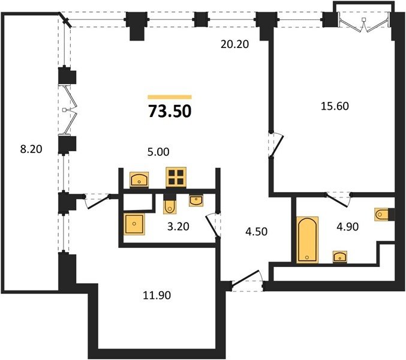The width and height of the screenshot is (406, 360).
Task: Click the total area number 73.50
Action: point(170,112)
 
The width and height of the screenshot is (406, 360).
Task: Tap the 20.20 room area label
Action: point(234,44)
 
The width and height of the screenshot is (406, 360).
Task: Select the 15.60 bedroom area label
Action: point(335,106)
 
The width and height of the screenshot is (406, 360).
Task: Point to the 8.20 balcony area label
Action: point(31,149)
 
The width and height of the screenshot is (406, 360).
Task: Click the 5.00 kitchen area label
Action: point(158,152)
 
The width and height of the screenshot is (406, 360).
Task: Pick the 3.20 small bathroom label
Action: point(178,227)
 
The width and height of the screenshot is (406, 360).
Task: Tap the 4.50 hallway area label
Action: point(256,232)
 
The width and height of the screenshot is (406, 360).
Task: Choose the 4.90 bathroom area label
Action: point(347,227)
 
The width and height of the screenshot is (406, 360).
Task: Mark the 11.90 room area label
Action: point(157,295)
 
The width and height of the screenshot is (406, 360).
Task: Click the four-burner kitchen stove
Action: point(176,178)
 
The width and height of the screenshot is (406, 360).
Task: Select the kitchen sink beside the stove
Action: point(139,179)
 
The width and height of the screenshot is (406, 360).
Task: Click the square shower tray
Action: point(134,224)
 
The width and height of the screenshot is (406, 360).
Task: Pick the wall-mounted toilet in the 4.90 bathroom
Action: point(381,214)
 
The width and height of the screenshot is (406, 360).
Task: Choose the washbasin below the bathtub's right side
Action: point(340,257)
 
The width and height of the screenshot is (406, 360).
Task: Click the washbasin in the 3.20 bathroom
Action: point(196,201)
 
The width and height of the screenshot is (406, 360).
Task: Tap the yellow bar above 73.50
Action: point(170,97)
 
